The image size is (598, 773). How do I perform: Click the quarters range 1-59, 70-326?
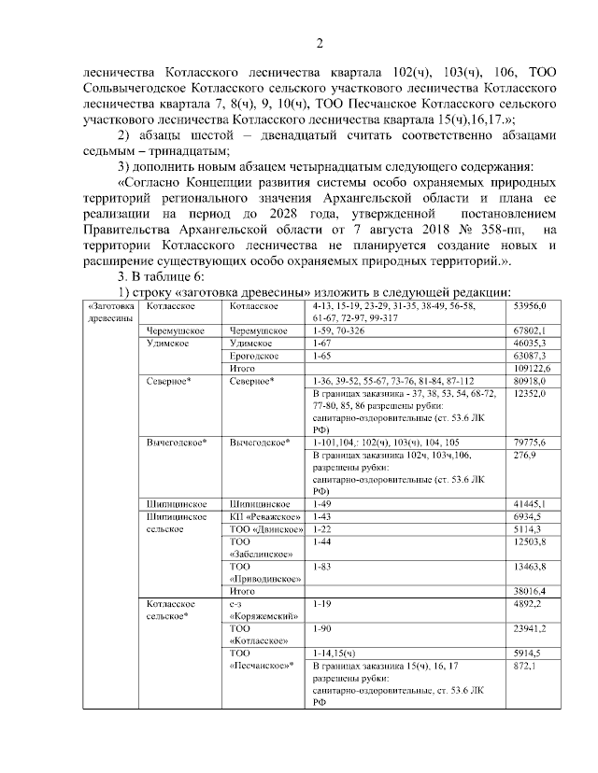pyautogui.click(x=342, y=330)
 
